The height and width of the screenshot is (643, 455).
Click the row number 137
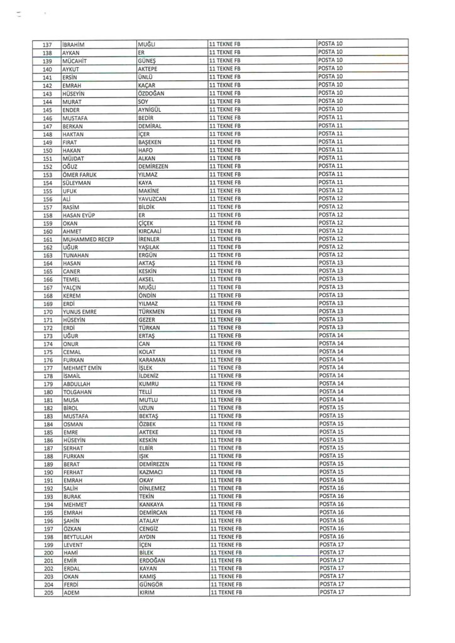coord(47,44)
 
